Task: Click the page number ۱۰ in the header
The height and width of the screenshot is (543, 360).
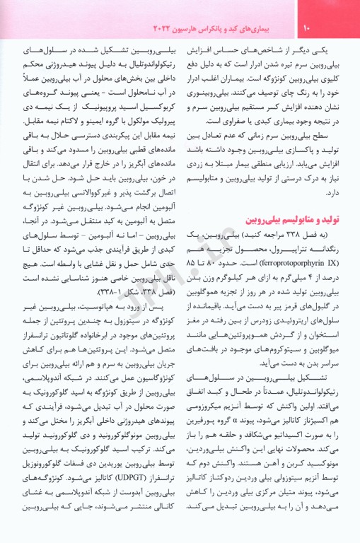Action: [x=307, y=29]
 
